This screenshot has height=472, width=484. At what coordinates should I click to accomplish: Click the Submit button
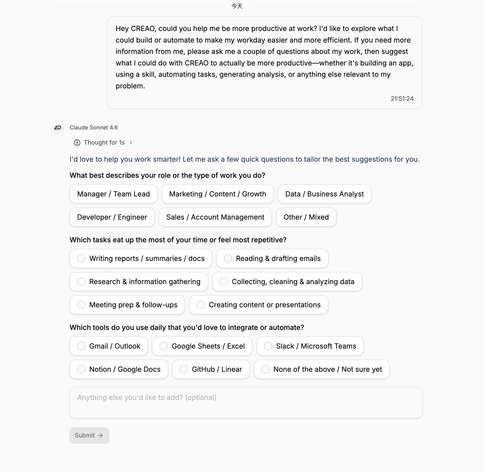(x=89, y=435)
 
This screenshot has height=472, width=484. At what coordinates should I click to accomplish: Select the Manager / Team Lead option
(x=113, y=194)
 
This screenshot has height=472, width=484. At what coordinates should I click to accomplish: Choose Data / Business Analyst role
(x=324, y=194)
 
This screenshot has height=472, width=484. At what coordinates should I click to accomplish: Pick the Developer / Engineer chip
(x=112, y=217)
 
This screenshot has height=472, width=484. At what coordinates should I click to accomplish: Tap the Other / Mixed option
(x=306, y=217)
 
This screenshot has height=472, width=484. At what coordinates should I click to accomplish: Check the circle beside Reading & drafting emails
(x=228, y=258)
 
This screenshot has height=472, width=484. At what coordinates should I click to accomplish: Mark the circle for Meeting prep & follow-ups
(x=81, y=305)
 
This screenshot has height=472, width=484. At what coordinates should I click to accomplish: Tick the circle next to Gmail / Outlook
(x=81, y=346)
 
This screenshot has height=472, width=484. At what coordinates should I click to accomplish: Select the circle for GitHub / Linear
(x=184, y=369)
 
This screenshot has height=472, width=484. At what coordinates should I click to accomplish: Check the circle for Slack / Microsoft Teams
(x=268, y=346)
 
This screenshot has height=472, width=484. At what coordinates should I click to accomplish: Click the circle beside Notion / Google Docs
(x=81, y=369)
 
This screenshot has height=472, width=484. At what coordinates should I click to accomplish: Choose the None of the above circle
(x=265, y=369)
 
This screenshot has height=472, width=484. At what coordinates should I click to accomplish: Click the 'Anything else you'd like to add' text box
(x=246, y=402)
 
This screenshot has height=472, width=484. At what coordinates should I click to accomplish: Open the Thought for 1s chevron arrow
(x=131, y=143)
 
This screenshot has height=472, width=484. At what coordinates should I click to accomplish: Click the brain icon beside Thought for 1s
(x=77, y=143)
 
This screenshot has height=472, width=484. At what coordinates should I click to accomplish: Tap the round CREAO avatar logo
(x=57, y=127)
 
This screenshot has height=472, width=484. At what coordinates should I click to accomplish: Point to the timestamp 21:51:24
(x=402, y=98)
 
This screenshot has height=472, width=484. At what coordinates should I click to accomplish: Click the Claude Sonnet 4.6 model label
(x=94, y=127)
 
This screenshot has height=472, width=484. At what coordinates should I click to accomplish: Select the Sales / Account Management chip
(x=215, y=217)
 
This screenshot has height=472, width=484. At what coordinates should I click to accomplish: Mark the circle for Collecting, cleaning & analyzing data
(x=224, y=282)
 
